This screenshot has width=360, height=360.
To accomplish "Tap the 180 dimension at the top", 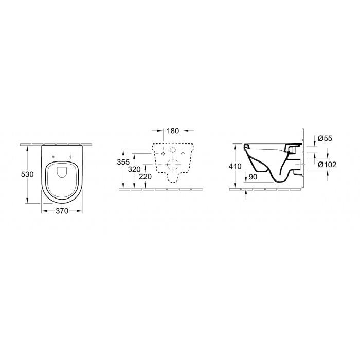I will (173, 131).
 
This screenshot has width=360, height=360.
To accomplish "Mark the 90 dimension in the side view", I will (252, 177).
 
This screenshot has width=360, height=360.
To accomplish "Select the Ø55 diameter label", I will (325, 139).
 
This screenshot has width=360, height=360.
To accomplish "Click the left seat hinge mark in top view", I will (53, 156).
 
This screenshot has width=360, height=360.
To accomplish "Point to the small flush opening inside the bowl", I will (62, 171).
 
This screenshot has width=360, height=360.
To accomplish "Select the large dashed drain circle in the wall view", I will (173, 166).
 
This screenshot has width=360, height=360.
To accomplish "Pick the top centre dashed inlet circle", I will (173, 150).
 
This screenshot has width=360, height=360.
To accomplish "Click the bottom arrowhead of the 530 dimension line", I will (27, 202).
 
